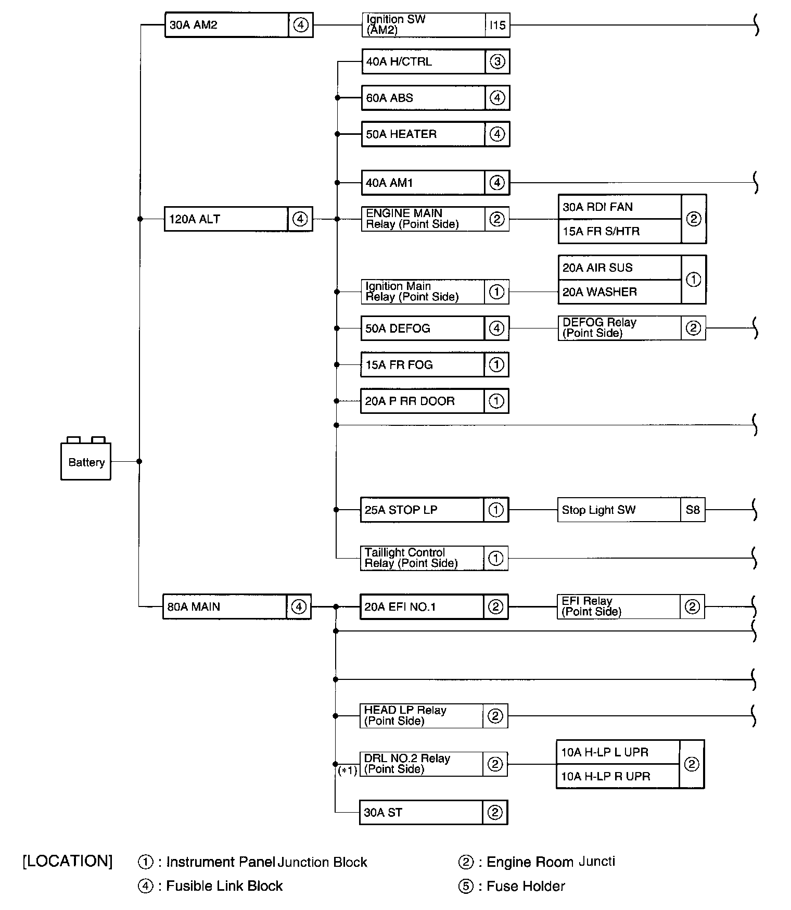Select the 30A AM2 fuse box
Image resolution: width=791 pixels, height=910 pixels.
(227, 25)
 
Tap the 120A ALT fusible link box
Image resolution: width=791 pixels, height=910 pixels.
(226, 219)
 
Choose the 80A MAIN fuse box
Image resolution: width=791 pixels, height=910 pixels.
(225, 606)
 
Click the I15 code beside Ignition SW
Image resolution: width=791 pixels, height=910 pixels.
(497, 25)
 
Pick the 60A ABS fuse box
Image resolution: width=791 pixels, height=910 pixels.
(423, 98)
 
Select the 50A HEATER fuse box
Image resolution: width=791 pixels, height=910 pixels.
(423, 134)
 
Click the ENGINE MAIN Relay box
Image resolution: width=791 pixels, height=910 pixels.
(423, 219)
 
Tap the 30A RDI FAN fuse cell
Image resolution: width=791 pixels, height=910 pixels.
(619, 207)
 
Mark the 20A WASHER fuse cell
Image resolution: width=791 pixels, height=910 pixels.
(619, 292)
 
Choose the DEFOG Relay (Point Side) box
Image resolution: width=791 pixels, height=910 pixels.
(619, 328)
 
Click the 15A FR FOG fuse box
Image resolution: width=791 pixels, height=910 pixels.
(422, 365)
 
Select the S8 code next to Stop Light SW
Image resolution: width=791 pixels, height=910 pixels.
(693, 510)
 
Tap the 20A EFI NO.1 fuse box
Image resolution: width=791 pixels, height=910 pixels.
(422, 606)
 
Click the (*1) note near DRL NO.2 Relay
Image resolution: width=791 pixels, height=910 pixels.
(348, 770)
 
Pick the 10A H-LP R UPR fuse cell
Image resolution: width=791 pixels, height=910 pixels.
(618, 777)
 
